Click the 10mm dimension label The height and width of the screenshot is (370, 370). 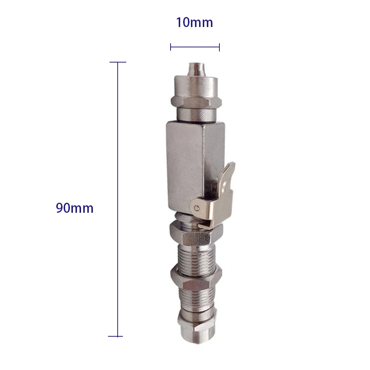tap(194, 23)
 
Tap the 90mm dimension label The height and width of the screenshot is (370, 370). tap(75, 208)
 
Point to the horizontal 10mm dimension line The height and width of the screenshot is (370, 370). tap(195, 47)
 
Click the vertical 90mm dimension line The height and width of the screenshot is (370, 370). tap(118, 200)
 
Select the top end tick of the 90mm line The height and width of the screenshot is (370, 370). tap(118, 62)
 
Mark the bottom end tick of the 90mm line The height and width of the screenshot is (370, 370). tap(115, 336)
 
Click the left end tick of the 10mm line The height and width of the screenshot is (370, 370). tap(171, 47)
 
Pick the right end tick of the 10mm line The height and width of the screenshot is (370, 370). tap(219, 47)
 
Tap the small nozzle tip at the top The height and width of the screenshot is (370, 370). tap(196, 68)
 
